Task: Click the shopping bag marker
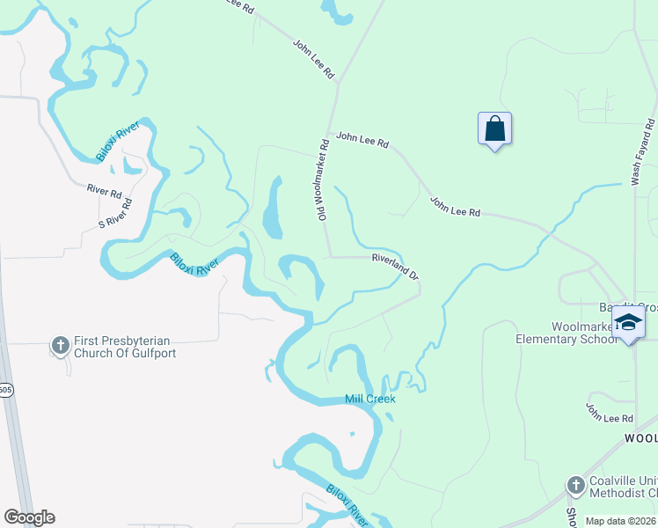coord(495,129)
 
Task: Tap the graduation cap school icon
coord(628,323)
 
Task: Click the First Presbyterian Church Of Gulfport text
coord(125,347)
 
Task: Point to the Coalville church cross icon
coord(575,485)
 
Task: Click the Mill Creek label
coord(370,399)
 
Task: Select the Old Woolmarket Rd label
coord(323,180)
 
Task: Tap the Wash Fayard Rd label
coord(643,152)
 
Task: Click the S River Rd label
coord(116,215)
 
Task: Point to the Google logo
coord(29,517)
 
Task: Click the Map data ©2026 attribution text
coord(620,520)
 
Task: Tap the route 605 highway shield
coord(5,390)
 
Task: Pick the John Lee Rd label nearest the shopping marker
coord(362,138)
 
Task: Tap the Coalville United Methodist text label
coord(621,485)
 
